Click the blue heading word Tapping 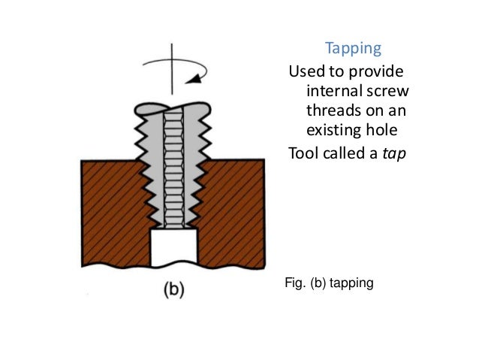pyautogui.click(x=353, y=50)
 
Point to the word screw pyautogui.click(x=390, y=93)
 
